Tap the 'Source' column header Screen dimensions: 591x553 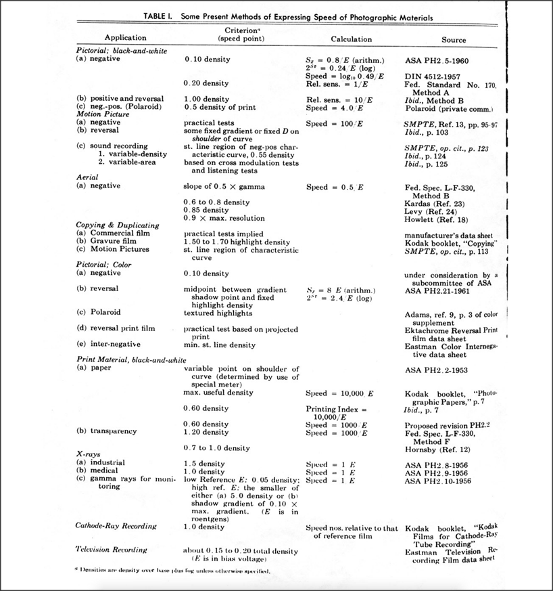coord(454,40)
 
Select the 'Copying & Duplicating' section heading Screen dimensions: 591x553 coord(118,224)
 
